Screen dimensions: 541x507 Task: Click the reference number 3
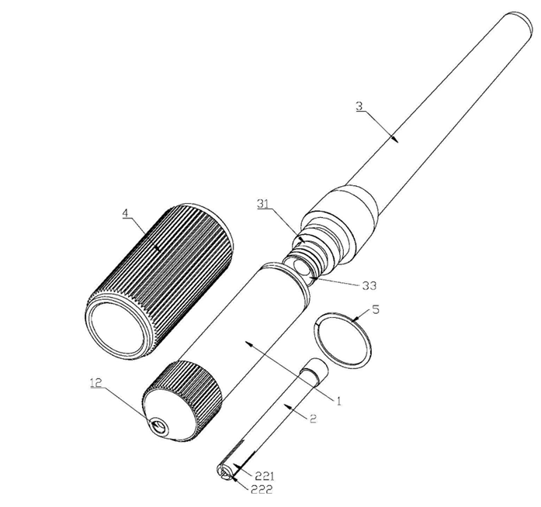click(x=359, y=105)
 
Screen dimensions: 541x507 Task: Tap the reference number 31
click(x=263, y=204)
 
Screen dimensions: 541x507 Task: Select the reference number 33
click(x=369, y=285)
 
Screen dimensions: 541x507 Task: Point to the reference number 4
click(x=126, y=213)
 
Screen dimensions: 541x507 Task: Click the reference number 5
click(x=376, y=309)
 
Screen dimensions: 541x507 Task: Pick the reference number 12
click(x=96, y=383)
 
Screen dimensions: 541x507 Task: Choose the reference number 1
click(x=338, y=401)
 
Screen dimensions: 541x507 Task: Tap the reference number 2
click(x=313, y=419)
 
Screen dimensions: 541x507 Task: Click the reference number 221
click(x=264, y=476)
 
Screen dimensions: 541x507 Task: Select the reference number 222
click(x=262, y=489)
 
